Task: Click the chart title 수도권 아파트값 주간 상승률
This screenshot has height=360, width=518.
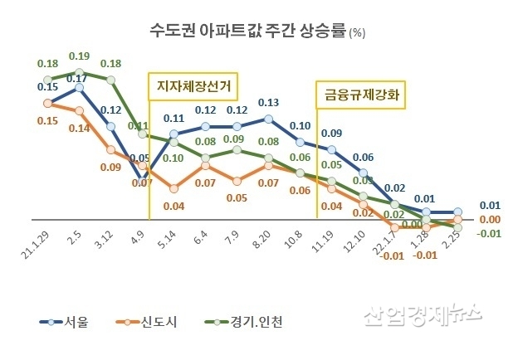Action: (x=246, y=32)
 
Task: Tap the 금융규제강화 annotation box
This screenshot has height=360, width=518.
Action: (x=361, y=94)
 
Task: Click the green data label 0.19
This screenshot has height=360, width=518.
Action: (x=79, y=56)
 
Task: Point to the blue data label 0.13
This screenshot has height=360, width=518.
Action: (x=268, y=103)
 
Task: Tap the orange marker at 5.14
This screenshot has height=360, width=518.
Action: (x=174, y=188)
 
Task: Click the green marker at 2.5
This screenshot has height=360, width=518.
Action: (x=80, y=71)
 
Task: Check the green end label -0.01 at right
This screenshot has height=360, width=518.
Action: (x=490, y=232)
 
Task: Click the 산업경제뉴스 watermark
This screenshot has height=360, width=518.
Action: (x=421, y=314)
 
